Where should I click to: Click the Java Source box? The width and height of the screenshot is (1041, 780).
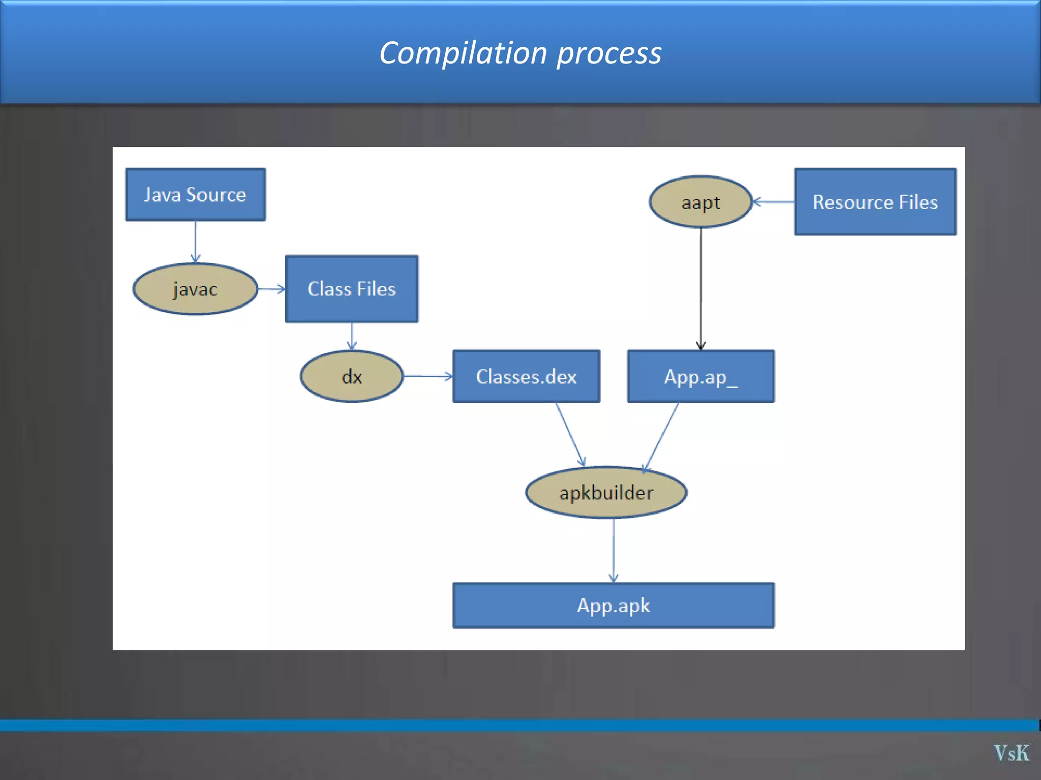click(x=195, y=194)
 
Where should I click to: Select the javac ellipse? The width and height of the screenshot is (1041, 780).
click(x=195, y=289)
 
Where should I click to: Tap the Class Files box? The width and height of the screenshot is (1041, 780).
click(x=351, y=289)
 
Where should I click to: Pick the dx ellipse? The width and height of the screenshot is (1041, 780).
click(x=352, y=376)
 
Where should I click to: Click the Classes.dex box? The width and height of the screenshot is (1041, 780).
click(x=526, y=376)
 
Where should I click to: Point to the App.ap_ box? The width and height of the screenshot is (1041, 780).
click(x=700, y=376)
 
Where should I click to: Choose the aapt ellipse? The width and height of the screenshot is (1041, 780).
click(x=700, y=202)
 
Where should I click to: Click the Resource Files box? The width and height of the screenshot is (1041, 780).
click(x=875, y=202)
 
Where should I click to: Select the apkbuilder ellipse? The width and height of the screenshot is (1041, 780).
click(x=606, y=493)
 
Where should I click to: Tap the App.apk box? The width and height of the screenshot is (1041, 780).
click(x=613, y=605)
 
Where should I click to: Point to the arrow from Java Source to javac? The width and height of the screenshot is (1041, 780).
click(x=196, y=242)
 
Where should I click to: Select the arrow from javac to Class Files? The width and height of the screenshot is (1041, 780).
click(x=271, y=289)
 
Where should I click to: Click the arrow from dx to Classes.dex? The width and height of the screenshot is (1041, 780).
click(x=427, y=376)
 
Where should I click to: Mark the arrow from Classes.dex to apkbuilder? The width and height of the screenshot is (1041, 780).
click(x=570, y=434)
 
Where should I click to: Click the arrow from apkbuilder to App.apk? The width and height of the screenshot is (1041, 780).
click(x=614, y=550)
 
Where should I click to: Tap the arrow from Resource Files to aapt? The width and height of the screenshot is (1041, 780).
click(x=773, y=202)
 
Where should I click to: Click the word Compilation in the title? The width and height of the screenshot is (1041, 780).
click(x=463, y=53)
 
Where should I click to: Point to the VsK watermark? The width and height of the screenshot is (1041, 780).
click(x=1011, y=753)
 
